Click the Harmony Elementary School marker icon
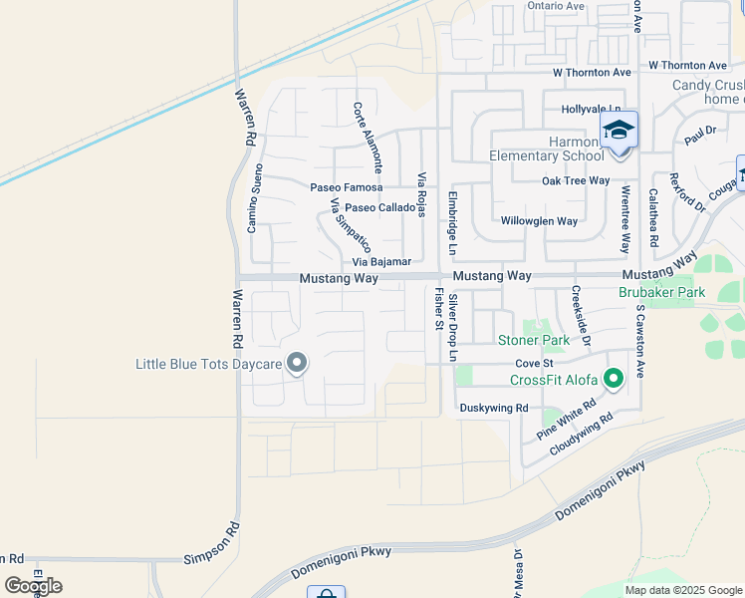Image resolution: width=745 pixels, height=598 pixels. coord(619,131)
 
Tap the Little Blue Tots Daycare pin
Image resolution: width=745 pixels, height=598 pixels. coord(297,363)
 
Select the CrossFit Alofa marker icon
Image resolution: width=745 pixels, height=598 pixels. coord(614,378)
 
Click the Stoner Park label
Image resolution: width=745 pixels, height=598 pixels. coord(534,340)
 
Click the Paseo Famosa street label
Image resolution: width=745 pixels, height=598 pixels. coord(347,187)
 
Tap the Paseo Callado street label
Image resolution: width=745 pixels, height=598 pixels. coord(379,207)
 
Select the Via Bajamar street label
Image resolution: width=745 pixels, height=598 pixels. coord(381,261)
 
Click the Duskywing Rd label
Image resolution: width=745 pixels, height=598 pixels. coord(492,408)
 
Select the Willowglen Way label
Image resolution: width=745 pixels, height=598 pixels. coord(539,221)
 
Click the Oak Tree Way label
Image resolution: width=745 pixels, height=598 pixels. coord(576,180)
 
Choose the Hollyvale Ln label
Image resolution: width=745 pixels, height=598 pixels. coord(591,109)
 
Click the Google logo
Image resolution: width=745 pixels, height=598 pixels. coord(33,585)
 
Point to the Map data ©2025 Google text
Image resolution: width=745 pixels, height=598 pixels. coord(682,590)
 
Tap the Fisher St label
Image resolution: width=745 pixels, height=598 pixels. coord(439,308)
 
